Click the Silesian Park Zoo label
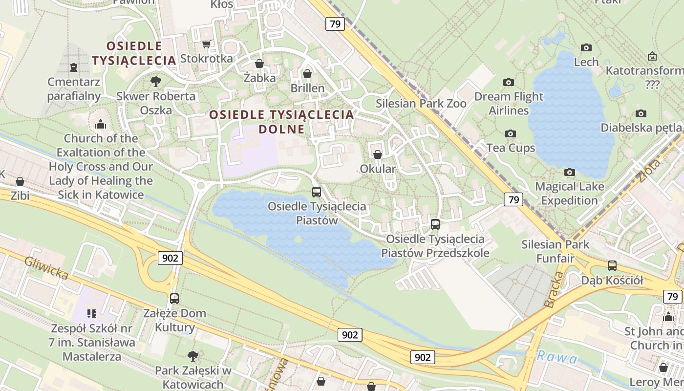[421, 104]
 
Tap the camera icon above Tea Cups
[511, 133]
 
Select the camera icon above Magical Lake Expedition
[569, 172]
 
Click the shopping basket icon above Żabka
[259, 64]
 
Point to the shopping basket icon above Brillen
[307, 74]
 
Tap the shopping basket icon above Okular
[378, 154]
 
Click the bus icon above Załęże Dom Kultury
[174, 298]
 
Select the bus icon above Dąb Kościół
[612, 266]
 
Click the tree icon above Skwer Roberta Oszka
[156, 81]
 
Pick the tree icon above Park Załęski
[193, 355]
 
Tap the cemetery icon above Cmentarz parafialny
[74, 67]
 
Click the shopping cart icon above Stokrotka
[207, 44]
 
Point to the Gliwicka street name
[46, 268]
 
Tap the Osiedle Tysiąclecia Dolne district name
[281, 122]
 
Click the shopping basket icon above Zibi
[20, 181]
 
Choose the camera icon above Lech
[586, 47]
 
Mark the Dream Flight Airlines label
[509, 103]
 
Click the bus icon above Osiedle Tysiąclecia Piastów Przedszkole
[435, 224]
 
